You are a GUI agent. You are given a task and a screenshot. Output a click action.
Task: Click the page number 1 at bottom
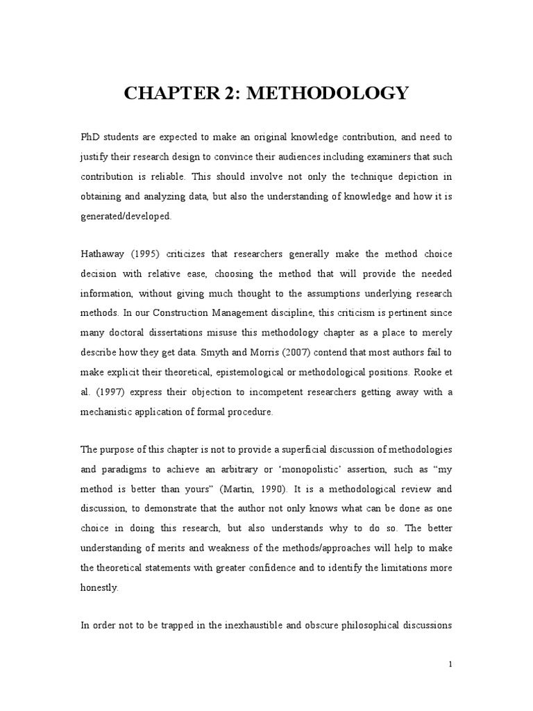tap(450, 664)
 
